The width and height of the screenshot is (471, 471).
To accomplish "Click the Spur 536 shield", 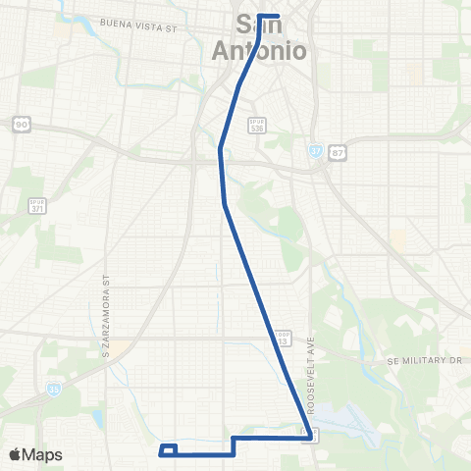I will [x=257, y=126].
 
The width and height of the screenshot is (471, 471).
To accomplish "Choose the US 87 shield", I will [x=340, y=152].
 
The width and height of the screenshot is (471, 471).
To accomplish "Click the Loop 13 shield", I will [x=283, y=338].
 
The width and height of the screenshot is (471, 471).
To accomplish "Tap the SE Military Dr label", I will [x=422, y=360].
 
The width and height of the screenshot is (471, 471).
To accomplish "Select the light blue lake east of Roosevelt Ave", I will [x=339, y=419].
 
